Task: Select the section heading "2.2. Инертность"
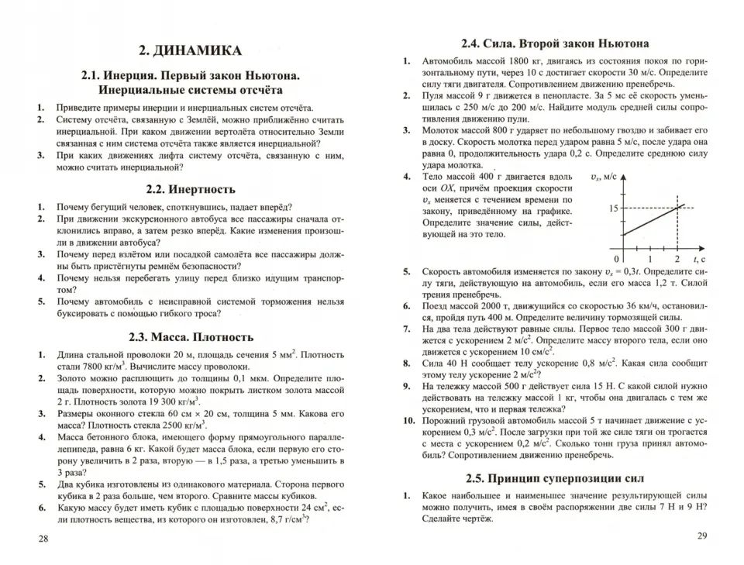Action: (x=190, y=188)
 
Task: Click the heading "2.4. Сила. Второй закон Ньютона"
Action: (x=554, y=43)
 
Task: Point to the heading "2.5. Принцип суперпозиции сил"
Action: (x=554, y=477)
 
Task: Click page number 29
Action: (x=702, y=535)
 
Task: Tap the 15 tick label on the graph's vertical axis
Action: (x=612, y=208)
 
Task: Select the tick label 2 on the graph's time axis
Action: (x=677, y=258)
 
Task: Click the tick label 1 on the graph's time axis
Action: (x=650, y=258)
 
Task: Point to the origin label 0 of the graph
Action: (x=616, y=258)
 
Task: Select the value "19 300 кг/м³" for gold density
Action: (x=168, y=401)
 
